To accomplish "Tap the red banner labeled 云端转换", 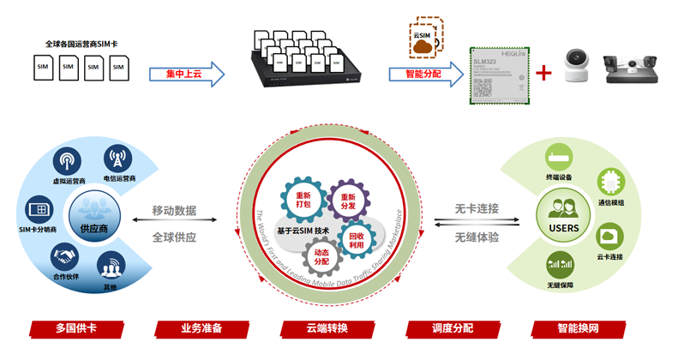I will (x=327, y=328).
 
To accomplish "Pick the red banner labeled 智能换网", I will (x=579, y=328).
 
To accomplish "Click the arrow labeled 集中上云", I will (x=187, y=75).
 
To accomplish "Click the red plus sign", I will (x=543, y=73).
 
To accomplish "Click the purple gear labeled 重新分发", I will (x=346, y=199).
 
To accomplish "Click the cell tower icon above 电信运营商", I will (x=118, y=159).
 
